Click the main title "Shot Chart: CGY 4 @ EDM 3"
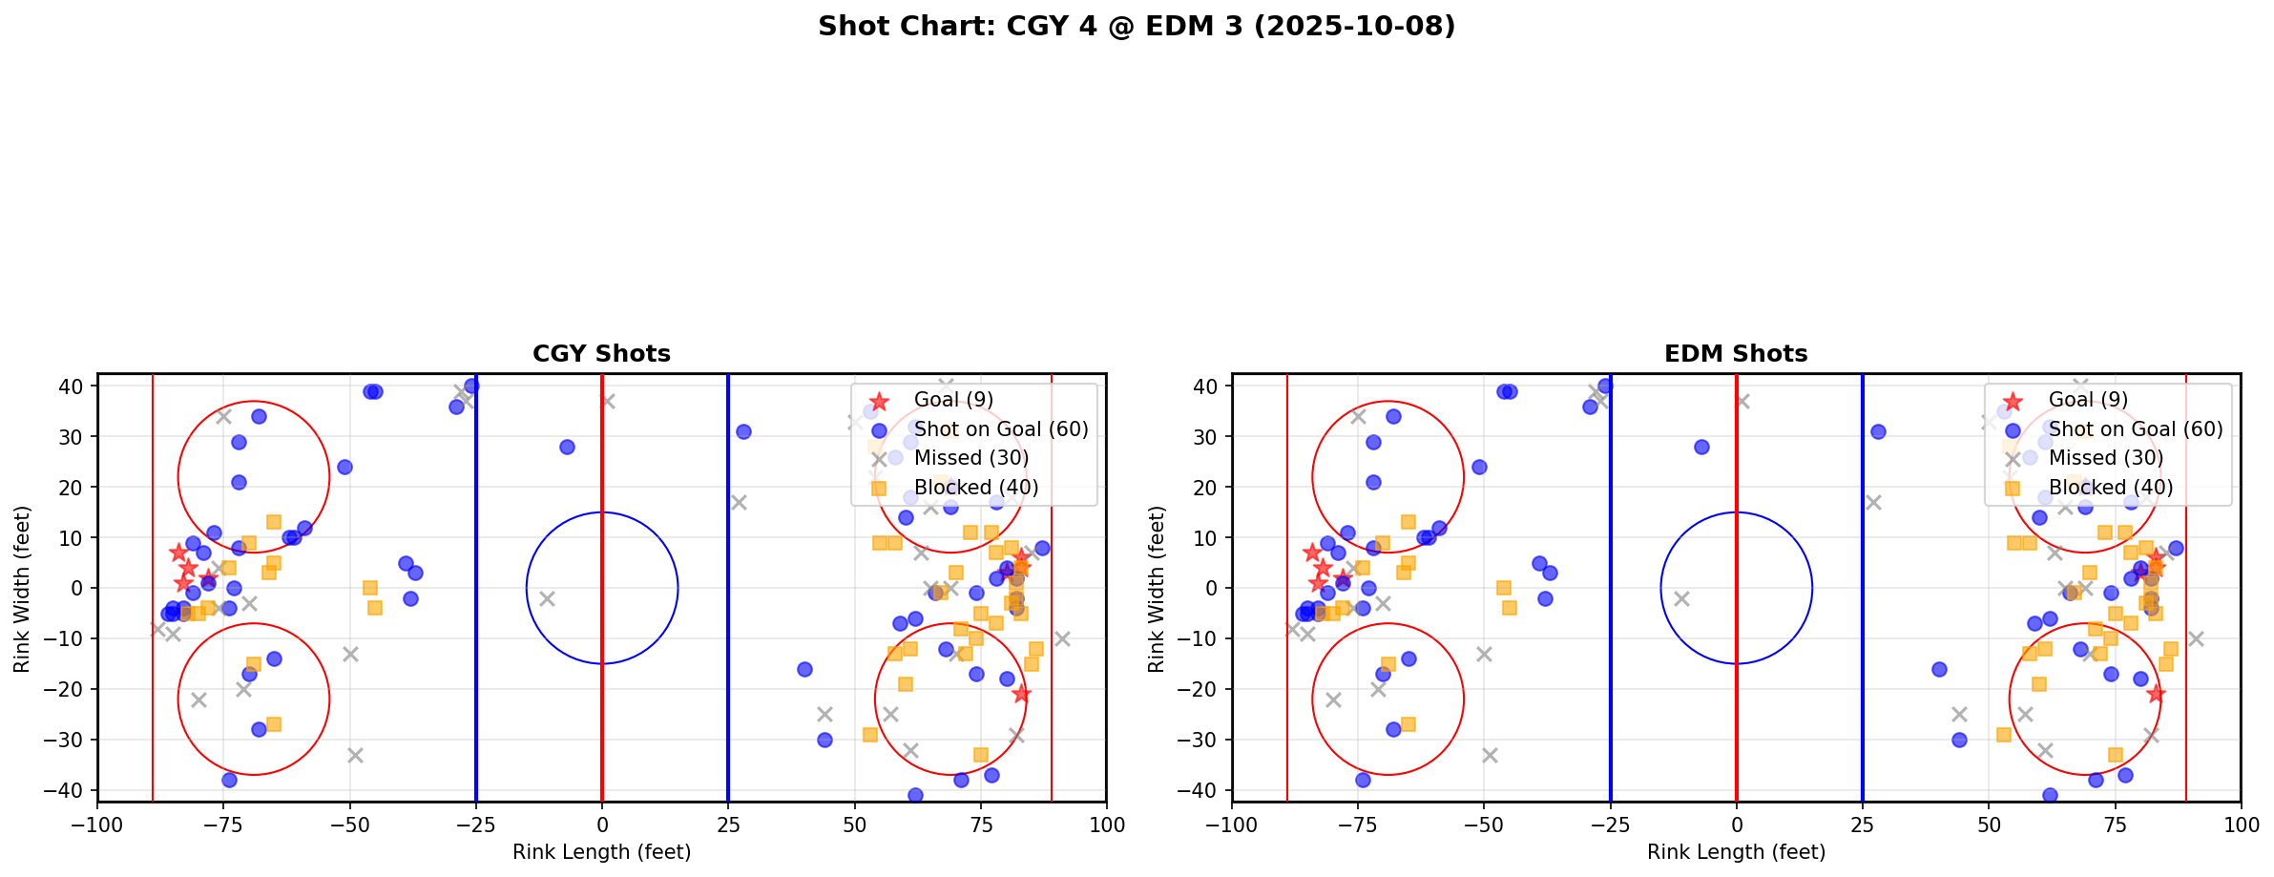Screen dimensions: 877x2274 tap(1136, 26)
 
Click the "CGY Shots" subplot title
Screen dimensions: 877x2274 tap(601, 354)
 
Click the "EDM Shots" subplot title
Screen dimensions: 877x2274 tap(1736, 354)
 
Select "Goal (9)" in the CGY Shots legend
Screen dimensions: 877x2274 tap(953, 400)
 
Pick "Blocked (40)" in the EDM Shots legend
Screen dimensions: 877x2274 tap(2111, 488)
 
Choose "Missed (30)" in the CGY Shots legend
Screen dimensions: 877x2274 tap(970, 458)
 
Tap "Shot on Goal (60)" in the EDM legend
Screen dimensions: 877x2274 tap(2135, 429)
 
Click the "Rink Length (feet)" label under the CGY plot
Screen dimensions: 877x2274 tap(601, 852)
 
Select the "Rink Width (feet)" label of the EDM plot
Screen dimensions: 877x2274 tap(1157, 589)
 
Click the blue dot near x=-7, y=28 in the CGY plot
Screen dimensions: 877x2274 tap(567, 447)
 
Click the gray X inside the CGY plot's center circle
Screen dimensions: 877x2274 tap(547, 598)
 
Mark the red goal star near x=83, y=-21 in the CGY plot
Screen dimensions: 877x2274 tap(1021, 694)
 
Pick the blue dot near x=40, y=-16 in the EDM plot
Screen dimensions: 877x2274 tap(1939, 669)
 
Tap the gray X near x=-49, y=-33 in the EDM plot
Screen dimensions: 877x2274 tap(1490, 755)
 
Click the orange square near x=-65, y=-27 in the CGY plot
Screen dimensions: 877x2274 tap(274, 724)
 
